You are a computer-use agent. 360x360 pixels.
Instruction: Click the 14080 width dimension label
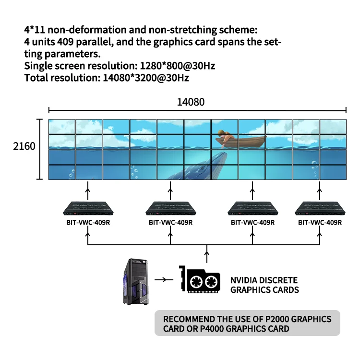click(x=191, y=102)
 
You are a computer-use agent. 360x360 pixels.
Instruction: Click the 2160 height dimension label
click(x=24, y=145)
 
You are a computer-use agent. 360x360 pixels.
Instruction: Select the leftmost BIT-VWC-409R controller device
click(x=88, y=207)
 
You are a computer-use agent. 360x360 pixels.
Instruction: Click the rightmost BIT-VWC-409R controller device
click(x=320, y=207)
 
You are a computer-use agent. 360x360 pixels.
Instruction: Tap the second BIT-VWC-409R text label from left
click(x=170, y=223)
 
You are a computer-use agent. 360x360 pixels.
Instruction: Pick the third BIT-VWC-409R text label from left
click(x=252, y=223)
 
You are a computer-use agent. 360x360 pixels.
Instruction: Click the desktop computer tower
click(x=135, y=282)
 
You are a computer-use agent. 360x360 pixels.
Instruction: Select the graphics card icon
click(x=199, y=280)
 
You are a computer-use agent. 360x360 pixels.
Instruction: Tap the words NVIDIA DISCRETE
click(x=264, y=280)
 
